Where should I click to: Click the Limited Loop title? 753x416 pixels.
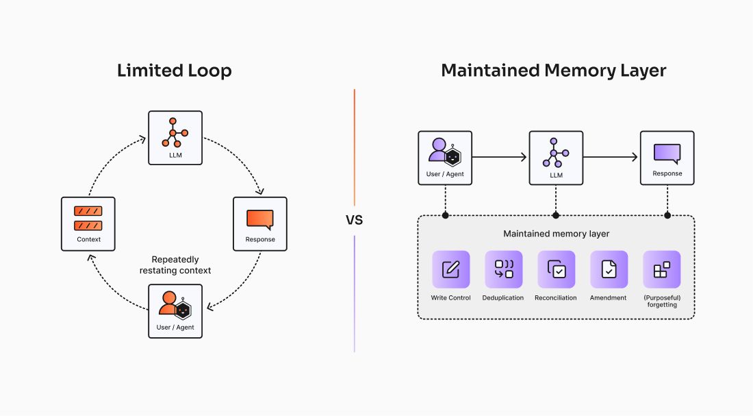pyautogui.click(x=175, y=71)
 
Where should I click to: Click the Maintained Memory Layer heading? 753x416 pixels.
pyautogui.click(x=553, y=71)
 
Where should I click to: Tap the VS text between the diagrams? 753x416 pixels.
pyautogui.click(x=354, y=221)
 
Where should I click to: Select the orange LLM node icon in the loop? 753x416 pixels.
pyautogui.click(x=175, y=132)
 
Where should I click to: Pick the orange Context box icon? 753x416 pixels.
pyautogui.click(x=88, y=218)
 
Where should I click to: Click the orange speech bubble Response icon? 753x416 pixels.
pyautogui.click(x=259, y=219)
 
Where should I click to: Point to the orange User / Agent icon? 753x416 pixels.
pyautogui.click(x=175, y=306)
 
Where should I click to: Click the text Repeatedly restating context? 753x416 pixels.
pyautogui.click(x=175, y=265)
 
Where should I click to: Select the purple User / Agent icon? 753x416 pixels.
pyautogui.click(x=444, y=152)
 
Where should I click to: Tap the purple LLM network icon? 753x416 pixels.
pyautogui.click(x=555, y=152)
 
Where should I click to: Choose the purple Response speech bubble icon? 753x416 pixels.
pyautogui.click(x=667, y=153)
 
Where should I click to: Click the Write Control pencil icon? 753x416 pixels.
pyautogui.click(x=450, y=269)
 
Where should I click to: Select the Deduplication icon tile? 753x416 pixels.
pyautogui.click(x=503, y=269)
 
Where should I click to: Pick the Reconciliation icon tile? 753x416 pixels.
pyautogui.click(x=556, y=269)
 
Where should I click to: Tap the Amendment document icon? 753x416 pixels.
pyautogui.click(x=609, y=269)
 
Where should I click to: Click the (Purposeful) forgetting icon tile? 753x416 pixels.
pyautogui.click(x=661, y=269)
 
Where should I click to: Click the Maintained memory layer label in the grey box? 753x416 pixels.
pyautogui.click(x=556, y=234)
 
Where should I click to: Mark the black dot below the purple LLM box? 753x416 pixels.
pyautogui.click(x=556, y=216)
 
